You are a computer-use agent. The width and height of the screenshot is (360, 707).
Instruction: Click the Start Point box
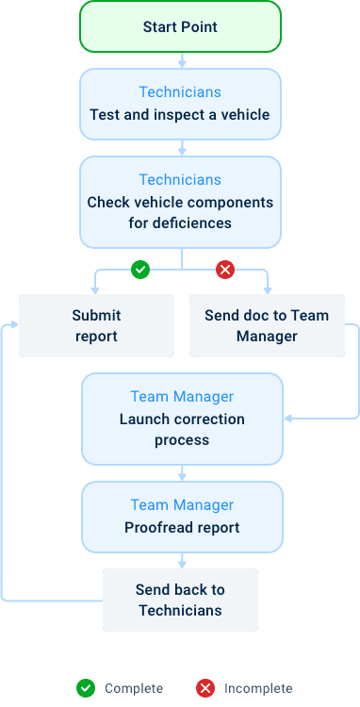[x=180, y=26]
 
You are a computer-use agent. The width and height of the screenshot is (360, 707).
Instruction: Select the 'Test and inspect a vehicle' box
[x=180, y=104]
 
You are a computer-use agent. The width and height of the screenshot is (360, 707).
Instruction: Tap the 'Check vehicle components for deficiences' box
[x=180, y=202]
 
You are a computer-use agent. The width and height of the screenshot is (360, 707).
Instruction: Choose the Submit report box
[x=97, y=325]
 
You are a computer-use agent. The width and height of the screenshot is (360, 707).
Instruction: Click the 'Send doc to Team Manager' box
[x=267, y=325]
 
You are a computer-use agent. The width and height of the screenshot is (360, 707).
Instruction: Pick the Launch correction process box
[x=182, y=419]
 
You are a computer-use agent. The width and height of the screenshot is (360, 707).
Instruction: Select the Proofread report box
[x=182, y=517]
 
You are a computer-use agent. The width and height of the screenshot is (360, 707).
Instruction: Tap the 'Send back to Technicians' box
[x=180, y=600]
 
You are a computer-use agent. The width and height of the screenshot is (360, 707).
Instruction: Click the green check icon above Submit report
[x=140, y=271]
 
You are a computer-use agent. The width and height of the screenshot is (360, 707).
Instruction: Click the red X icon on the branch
[x=225, y=271]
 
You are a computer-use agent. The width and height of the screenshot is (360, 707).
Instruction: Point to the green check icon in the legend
[x=86, y=688]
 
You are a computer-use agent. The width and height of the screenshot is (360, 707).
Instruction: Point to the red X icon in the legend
[x=205, y=688]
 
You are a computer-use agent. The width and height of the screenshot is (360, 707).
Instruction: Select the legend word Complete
[x=133, y=688]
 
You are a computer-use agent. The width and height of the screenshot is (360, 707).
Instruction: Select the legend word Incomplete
[x=257, y=688]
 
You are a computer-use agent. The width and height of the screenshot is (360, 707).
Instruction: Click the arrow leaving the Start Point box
[x=182, y=59]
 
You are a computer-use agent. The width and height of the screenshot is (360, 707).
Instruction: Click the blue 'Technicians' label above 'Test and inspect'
[x=180, y=92]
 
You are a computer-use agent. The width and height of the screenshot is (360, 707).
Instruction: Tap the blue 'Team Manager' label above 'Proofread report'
[x=182, y=505]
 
